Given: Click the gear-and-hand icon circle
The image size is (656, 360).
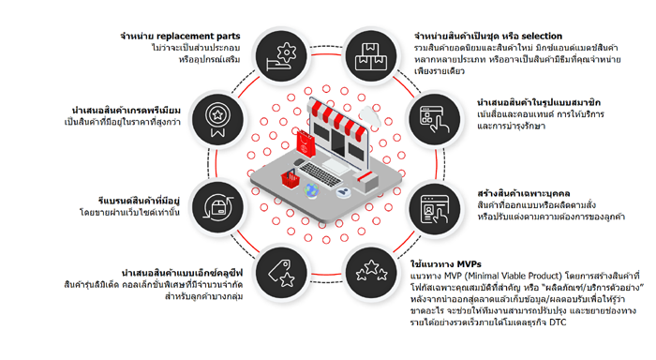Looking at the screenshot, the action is tap(281, 55).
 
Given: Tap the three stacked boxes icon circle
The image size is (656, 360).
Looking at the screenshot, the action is tap(371, 55).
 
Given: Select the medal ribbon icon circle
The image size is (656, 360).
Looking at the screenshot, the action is tap(217, 120).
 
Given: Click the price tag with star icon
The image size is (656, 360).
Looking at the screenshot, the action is tap(281, 273).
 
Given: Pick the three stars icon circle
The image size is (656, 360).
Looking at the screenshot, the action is tap(371, 273).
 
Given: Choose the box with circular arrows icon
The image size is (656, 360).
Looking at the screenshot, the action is tap(217, 207).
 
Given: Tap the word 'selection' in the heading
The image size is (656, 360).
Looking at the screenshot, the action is tap(542, 36).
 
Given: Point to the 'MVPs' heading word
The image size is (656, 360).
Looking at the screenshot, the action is tap(469, 264).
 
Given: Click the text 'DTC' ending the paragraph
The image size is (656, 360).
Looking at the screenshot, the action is tap(558, 322).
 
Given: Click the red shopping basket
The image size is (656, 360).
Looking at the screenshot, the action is tap(291, 179).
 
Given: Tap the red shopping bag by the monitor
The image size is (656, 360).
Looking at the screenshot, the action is tap(306, 143).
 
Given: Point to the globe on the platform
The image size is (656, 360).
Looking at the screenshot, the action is tap(312, 190).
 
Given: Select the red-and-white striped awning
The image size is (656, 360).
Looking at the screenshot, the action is tap(338, 118).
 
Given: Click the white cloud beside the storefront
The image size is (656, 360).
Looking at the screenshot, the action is tap(370, 115).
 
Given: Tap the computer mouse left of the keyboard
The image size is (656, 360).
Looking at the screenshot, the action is tap(299, 162).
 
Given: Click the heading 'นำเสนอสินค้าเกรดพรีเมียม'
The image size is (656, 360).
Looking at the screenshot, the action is tap(127, 111).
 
